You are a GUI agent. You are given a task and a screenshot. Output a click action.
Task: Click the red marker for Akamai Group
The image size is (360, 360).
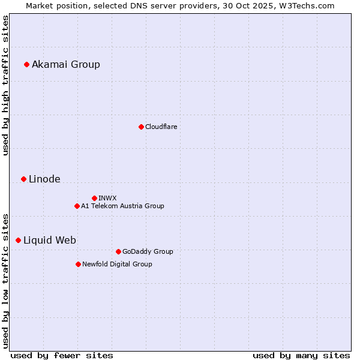click(26, 64)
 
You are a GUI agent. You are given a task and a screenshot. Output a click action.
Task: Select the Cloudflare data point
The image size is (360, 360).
click(141, 127)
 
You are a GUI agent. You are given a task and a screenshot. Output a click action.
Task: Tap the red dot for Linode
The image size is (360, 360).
click(23, 179)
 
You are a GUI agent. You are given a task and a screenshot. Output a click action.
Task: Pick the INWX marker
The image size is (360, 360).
click(94, 198)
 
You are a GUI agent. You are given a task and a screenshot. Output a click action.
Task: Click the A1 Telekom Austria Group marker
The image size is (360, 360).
click(77, 206)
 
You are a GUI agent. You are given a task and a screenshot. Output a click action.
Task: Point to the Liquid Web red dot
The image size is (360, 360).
click(18, 240)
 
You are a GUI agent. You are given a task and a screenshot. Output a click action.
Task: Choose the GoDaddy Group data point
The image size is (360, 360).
click(118, 251)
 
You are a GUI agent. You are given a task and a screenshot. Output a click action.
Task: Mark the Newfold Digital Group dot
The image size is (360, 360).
click(78, 264)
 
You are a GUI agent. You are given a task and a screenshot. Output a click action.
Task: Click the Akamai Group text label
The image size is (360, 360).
click(66, 64)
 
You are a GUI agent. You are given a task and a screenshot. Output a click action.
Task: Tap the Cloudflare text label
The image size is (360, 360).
click(161, 127)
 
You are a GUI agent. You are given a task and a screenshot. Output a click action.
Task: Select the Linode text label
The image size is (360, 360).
click(44, 179)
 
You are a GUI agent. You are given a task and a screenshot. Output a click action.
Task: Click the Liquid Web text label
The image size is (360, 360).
click(50, 240)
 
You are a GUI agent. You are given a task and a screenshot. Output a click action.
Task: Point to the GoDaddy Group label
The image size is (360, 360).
click(148, 251)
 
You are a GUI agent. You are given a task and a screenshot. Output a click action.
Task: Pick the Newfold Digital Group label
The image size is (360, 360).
click(117, 264)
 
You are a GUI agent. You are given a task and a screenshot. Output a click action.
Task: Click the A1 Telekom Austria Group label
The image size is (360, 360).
click(122, 206)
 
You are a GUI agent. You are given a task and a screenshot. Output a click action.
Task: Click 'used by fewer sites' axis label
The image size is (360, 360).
click(62, 355)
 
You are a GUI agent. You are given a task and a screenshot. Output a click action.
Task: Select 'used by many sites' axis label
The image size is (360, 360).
click(301, 355)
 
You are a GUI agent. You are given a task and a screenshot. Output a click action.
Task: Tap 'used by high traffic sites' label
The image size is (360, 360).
click(6, 85)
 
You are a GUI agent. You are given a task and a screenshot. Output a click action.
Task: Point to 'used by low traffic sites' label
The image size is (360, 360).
click(6, 280)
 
